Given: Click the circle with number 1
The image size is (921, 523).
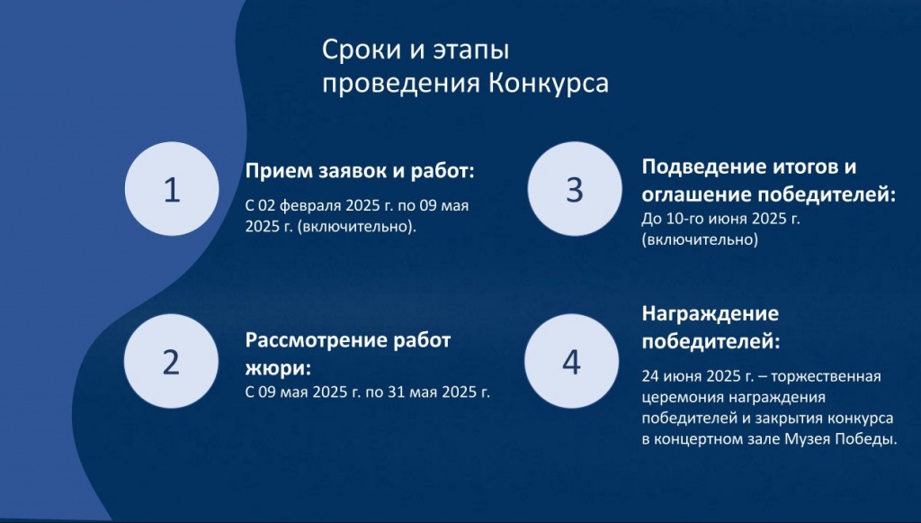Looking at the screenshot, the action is tap(172, 189).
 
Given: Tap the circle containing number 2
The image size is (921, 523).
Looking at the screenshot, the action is tap(172, 361).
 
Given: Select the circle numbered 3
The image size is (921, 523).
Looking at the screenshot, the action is tap(575, 189).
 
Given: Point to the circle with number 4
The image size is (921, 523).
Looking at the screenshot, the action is tap(571, 361).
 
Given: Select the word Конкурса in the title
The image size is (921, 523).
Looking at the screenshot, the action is tap(548, 83).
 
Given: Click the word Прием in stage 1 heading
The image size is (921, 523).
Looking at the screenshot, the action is tap(279, 171).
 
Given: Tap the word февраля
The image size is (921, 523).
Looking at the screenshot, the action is tap(309, 206).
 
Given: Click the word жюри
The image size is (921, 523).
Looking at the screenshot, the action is tap(275, 369).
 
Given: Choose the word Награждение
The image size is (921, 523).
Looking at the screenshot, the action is tap(711, 314).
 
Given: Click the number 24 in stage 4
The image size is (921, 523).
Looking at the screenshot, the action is tap(650, 376).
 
